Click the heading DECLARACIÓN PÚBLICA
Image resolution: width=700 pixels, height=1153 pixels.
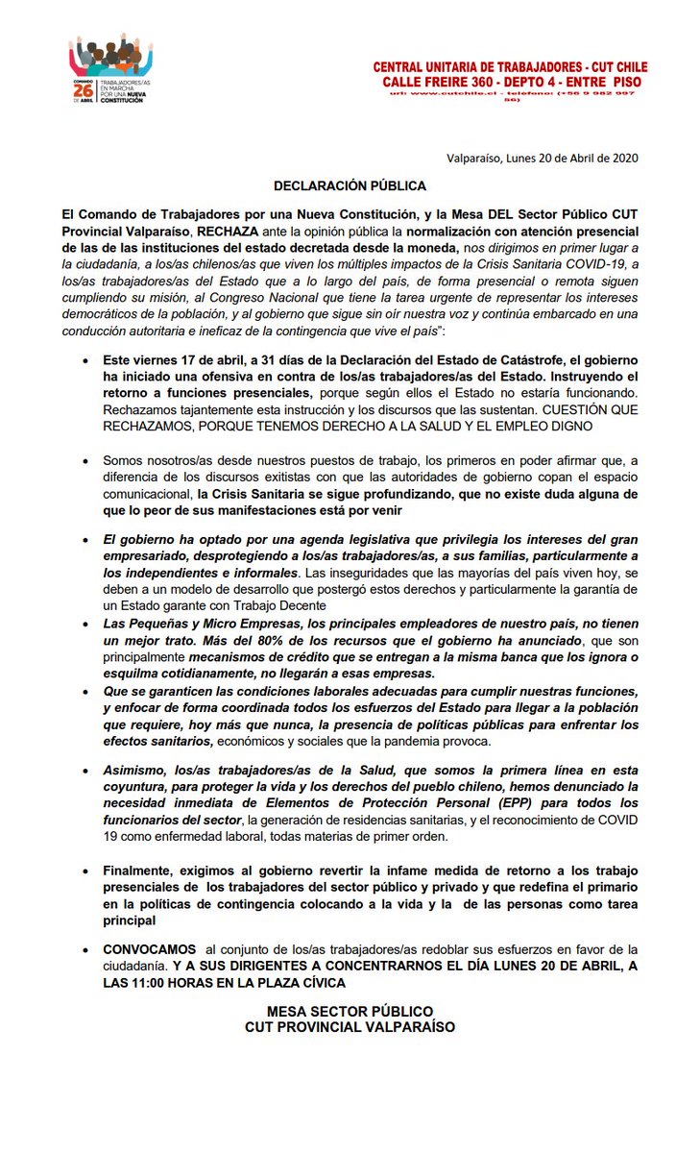click(x=350, y=185)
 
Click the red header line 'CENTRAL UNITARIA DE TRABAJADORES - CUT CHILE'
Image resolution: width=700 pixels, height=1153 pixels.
click(x=510, y=67)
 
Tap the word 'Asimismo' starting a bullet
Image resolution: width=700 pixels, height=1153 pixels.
click(x=135, y=772)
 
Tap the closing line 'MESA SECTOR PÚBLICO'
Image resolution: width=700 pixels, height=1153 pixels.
click(x=350, y=1011)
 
